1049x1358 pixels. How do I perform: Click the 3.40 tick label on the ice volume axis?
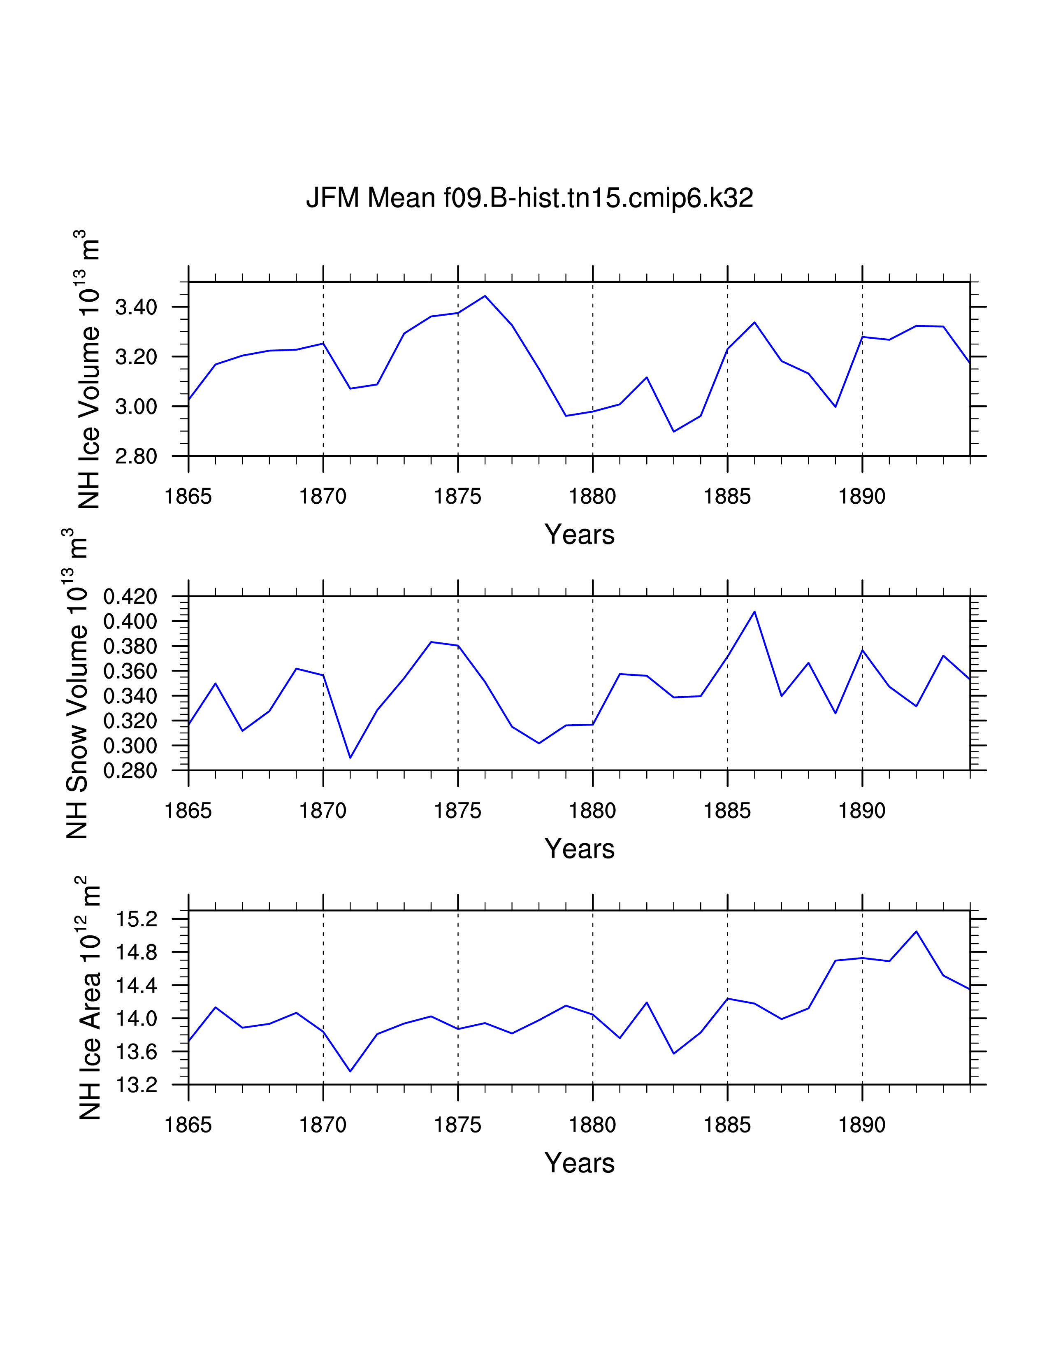pos(136,307)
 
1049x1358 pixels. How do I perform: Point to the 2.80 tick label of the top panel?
pos(136,456)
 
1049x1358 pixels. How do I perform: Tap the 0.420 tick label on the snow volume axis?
pos(130,597)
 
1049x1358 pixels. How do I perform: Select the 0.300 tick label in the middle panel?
pos(130,746)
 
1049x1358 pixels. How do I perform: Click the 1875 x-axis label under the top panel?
pos(457,496)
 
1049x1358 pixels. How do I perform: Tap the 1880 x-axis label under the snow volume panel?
pos(592,811)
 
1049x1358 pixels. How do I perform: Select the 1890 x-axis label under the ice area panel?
pos(861,1125)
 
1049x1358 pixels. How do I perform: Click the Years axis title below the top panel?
pos(579,535)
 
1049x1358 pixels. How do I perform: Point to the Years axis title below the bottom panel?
pos(579,1163)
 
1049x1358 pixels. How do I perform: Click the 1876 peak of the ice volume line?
pos(485,296)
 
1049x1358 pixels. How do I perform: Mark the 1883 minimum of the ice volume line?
pos(674,432)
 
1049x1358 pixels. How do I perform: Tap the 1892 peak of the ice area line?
pos(916,931)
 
